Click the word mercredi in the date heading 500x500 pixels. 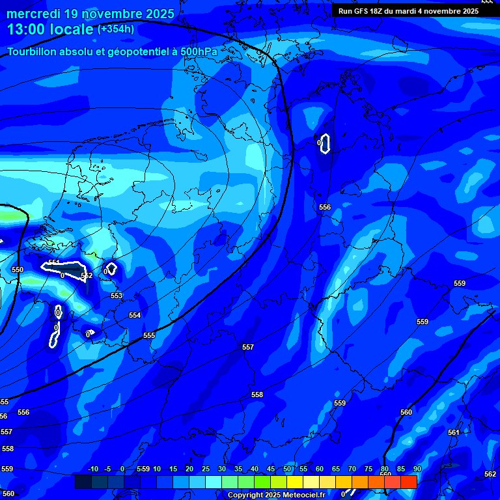click(33, 14)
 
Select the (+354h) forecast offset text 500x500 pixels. click(116, 29)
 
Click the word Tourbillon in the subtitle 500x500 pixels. click(33, 51)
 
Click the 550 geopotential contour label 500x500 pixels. click(18, 270)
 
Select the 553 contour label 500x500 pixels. click(117, 296)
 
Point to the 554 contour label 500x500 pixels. click(135, 315)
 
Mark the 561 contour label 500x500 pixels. click(454, 432)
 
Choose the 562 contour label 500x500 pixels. click(490, 474)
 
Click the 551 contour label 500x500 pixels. click(54, 262)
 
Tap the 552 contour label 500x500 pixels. click(87, 276)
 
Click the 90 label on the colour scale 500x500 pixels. click(417, 469)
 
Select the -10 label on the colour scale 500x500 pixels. click(92, 469)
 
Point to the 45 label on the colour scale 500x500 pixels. click(271, 469)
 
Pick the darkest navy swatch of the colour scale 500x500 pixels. click(83, 482)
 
